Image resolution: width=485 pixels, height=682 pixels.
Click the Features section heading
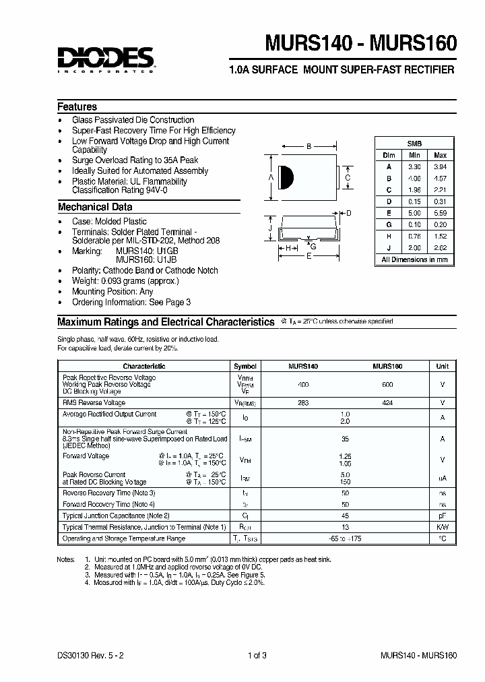coord(77,107)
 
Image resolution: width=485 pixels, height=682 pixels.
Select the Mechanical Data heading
coord(94,208)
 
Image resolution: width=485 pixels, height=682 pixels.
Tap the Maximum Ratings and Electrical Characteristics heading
coord(166,322)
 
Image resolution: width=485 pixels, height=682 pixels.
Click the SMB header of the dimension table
coord(414,144)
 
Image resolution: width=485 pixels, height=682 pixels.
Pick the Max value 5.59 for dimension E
coord(440,213)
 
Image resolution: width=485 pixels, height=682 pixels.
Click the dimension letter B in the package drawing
coord(308,146)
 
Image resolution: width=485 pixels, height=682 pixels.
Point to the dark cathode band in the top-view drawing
coord(286,177)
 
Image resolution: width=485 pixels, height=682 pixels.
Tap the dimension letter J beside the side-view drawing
coord(270,228)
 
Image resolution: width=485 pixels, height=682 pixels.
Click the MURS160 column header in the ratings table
coord(387,366)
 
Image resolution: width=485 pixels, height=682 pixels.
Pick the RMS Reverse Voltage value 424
coord(387,403)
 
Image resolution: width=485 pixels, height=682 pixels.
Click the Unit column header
coord(442,366)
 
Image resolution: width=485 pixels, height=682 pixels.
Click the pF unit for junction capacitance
coord(442,515)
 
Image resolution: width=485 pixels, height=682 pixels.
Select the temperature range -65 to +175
coord(346,539)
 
